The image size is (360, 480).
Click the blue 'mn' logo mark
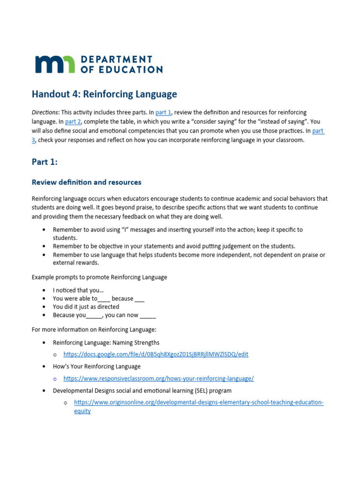[54, 64]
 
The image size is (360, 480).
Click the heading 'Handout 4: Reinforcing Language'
[104, 94]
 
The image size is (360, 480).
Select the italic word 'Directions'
[45, 112]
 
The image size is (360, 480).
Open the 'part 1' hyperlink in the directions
[163, 112]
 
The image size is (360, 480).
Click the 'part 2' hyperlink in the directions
[73, 121]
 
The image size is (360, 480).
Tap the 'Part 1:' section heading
[45, 162]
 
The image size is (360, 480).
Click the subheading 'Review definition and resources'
[86, 182]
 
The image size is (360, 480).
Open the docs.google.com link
[156, 354]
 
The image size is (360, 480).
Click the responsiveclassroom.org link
[158, 378]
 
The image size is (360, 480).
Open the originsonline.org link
[199, 402]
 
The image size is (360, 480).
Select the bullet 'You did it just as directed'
[86, 307]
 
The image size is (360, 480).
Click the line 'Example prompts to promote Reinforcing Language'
[99, 277]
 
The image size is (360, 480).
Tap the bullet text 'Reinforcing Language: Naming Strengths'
[106, 343]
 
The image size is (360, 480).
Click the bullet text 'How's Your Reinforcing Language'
[97, 366]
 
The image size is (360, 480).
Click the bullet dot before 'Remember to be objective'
[44, 247]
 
